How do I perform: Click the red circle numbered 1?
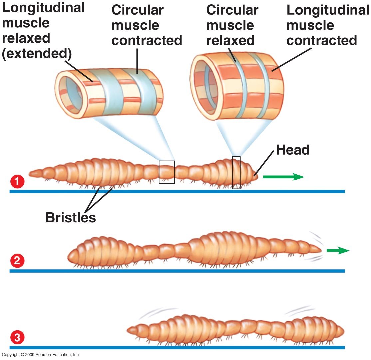tap(17, 181)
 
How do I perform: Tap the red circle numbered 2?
tap(17, 261)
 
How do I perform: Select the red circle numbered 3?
tap(17, 337)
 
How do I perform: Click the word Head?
tap(293, 150)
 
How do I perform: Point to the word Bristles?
tap(71, 217)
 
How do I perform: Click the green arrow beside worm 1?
tap(283, 177)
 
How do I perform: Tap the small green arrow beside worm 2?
tap(338, 250)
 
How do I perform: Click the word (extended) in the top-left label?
tap(37, 54)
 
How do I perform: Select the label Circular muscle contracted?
tap(147, 25)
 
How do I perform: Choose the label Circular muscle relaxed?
tap(232, 25)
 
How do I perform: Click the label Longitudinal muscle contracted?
tap(328, 25)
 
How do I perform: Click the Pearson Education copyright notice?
tap(41, 355)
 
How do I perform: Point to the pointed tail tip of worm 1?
tap(29, 174)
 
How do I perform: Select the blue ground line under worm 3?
tap(177, 347)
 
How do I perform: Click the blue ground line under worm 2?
tap(177, 271)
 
